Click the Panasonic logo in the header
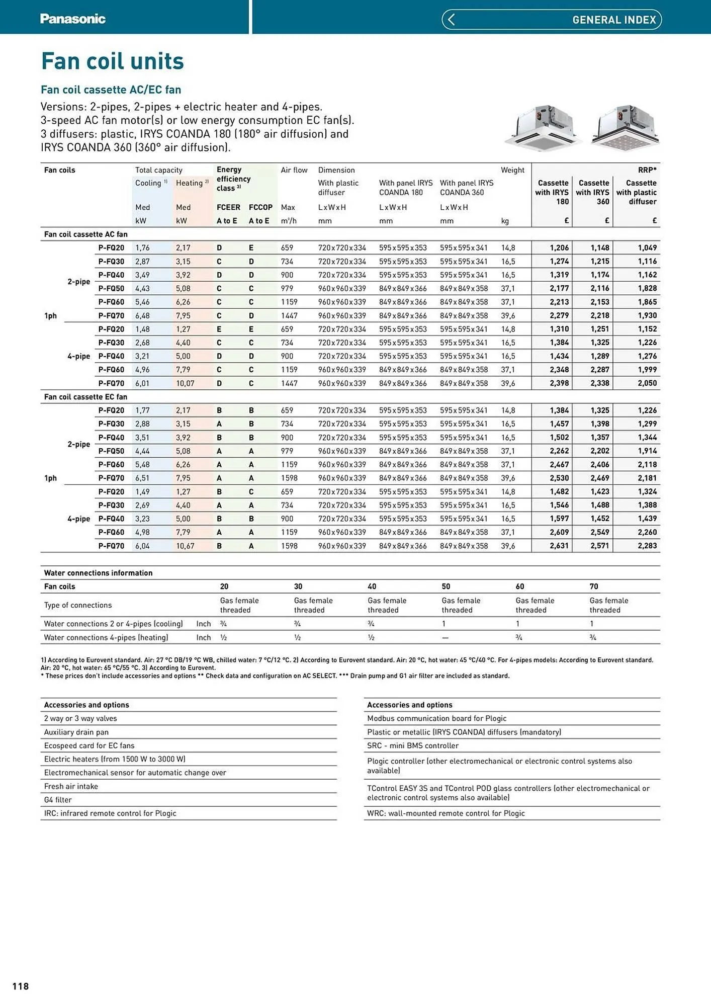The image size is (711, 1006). tap(72, 19)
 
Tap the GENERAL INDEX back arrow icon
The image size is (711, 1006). tap(451, 20)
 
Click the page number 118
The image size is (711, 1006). tap(21, 986)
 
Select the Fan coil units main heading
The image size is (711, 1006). tap(112, 61)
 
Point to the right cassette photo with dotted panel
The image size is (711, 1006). tap(625, 127)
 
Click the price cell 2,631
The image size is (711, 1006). tap(559, 546)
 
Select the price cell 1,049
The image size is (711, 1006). tap(647, 247)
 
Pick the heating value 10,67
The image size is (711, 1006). tap(185, 546)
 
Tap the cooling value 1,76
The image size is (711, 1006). tap(142, 247)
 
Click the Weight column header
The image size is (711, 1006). tap(512, 170)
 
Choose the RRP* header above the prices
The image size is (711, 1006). tap(647, 170)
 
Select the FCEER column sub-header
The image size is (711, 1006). tap(228, 207)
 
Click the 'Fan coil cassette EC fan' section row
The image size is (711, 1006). tap(85, 397)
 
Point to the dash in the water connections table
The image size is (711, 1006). tap(445, 638)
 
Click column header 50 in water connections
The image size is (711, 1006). tap(446, 586)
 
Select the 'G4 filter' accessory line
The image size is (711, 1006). tap(58, 800)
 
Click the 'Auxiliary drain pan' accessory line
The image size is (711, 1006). tap(76, 732)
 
